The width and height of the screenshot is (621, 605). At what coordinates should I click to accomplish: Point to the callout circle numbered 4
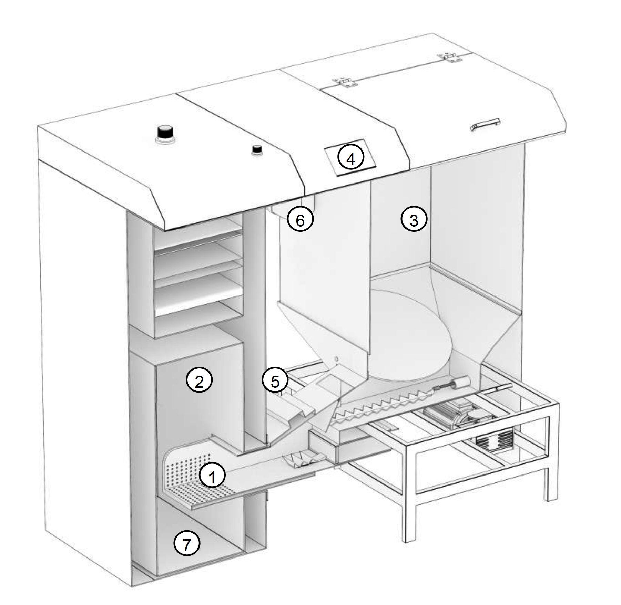click(350, 159)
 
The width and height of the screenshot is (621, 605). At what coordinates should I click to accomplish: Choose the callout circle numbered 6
click(300, 220)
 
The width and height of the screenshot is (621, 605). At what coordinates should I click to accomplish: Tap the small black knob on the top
click(256, 150)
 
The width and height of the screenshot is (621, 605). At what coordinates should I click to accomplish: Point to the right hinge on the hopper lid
click(449, 57)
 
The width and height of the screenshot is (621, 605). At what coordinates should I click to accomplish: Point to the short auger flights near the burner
click(303, 461)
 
